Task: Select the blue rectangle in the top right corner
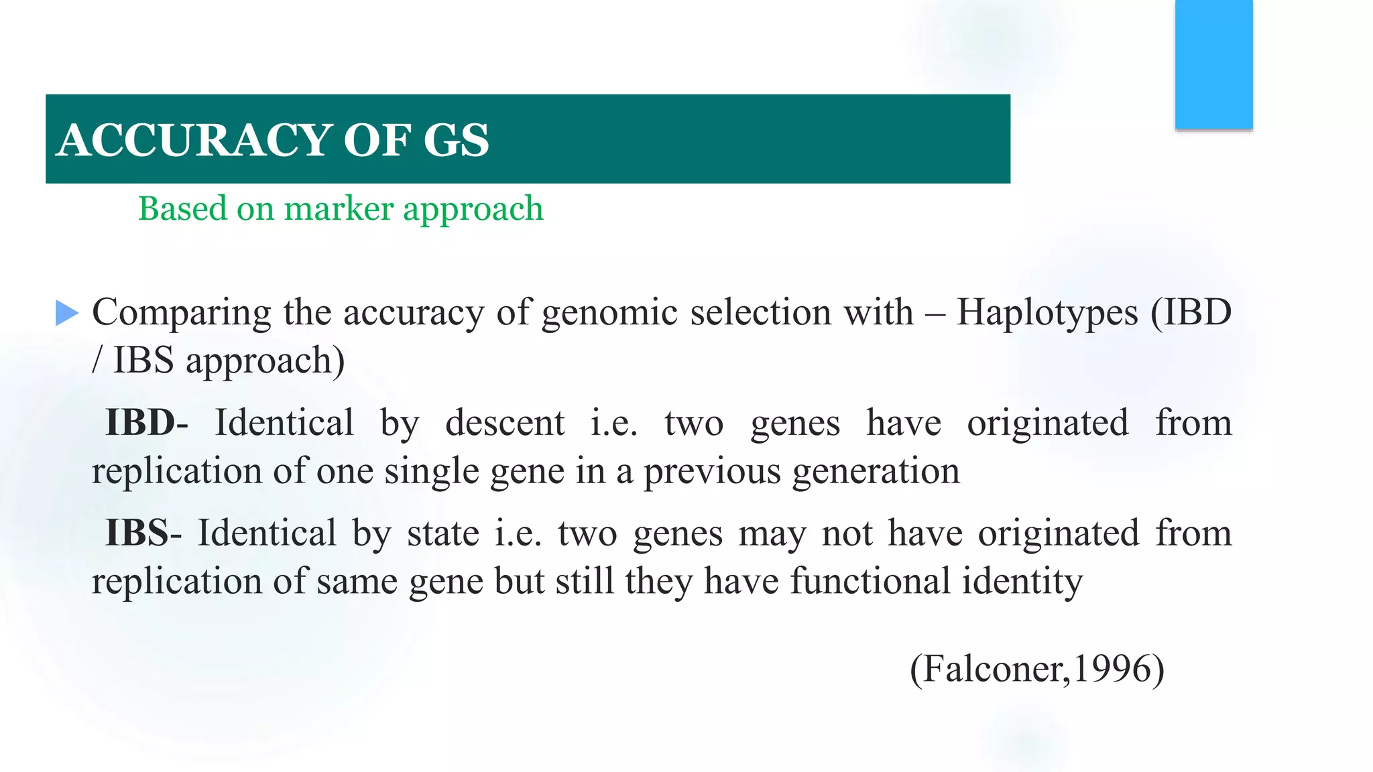click(1213, 64)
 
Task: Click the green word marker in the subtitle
click(339, 209)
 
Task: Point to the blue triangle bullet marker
click(67, 313)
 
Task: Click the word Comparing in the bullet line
click(181, 313)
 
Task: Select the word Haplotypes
click(1047, 313)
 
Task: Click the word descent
click(505, 423)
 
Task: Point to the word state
click(443, 533)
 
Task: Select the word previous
click(712, 471)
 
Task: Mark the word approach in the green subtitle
click(473, 209)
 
